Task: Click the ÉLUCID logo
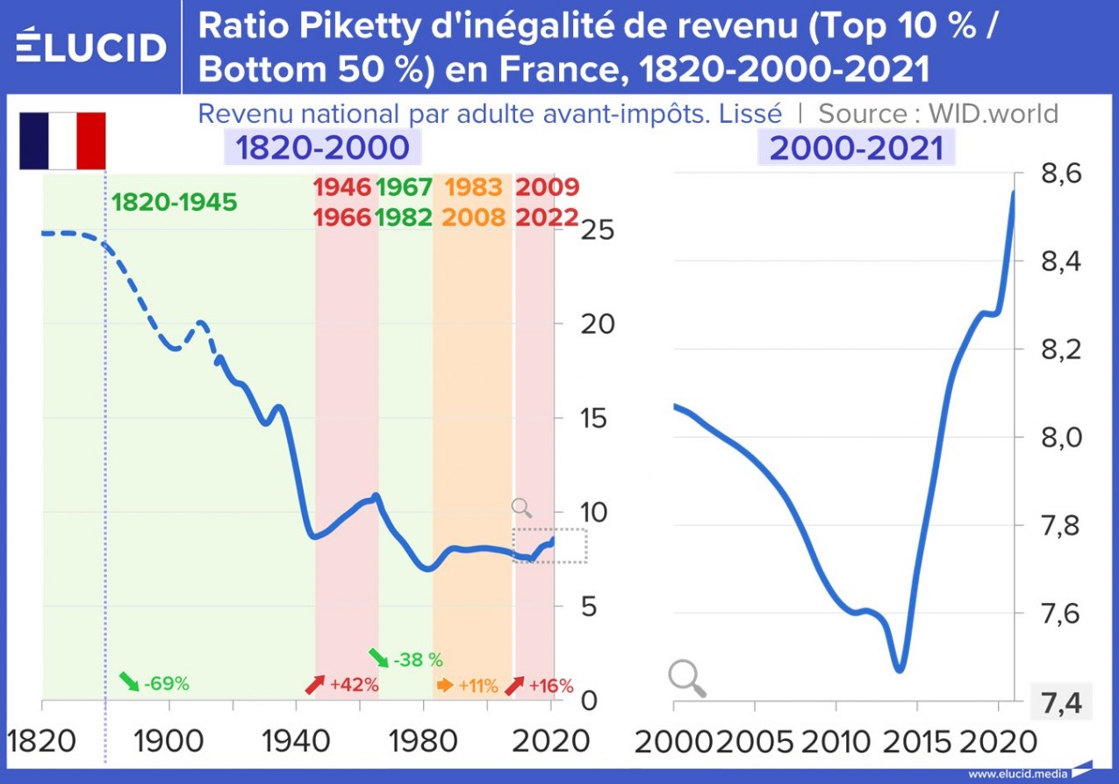click(91, 46)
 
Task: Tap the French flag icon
click(62, 140)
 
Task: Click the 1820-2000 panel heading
click(322, 147)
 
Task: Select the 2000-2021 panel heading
click(857, 147)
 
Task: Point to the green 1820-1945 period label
click(175, 202)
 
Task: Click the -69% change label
click(154, 683)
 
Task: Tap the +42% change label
click(342, 683)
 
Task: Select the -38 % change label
click(405, 658)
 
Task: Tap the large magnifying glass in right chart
click(687, 679)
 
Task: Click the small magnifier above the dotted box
click(522, 507)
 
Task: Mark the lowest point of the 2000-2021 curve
click(899, 671)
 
